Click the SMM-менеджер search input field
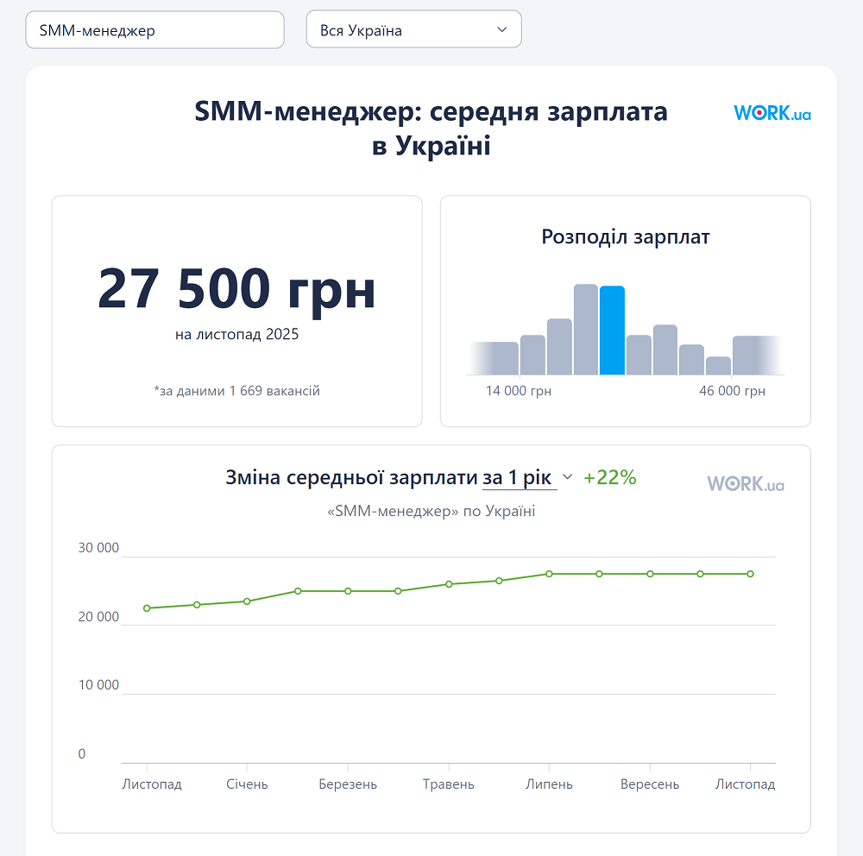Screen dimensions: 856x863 pyautogui.click(x=154, y=30)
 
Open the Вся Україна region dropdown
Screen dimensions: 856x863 pyautogui.click(x=413, y=30)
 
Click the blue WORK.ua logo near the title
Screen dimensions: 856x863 pyautogui.click(x=772, y=113)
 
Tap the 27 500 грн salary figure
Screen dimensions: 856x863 pyautogui.click(x=236, y=289)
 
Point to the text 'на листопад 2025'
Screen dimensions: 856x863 pyautogui.click(x=236, y=334)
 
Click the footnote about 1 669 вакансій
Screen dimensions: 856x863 pyautogui.click(x=236, y=391)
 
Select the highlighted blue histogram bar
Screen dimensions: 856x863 pyautogui.click(x=612, y=330)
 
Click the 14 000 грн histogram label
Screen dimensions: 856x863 pyautogui.click(x=518, y=391)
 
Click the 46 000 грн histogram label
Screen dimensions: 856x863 pyautogui.click(x=732, y=391)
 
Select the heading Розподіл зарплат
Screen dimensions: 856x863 pyautogui.click(x=625, y=236)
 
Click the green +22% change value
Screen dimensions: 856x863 pyautogui.click(x=609, y=477)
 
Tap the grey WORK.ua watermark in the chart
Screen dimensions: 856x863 pyautogui.click(x=746, y=484)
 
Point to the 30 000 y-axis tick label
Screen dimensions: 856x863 pyautogui.click(x=98, y=548)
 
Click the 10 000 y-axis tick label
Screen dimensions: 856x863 pyautogui.click(x=98, y=685)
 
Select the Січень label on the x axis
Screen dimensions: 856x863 pyautogui.click(x=247, y=784)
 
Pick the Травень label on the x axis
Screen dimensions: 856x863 pyautogui.click(x=448, y=784)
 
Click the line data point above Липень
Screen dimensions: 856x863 pyautogui.click(x=549, y=574)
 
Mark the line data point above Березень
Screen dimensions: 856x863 pyautogui.click(x=348, y=591)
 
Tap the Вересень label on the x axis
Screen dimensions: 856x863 pyautogui.click(x=649, y=784)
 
